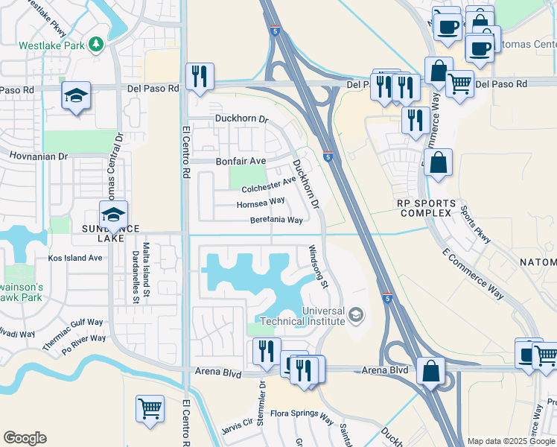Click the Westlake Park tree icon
(x=95, y=45)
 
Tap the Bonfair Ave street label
(x=241, y=161)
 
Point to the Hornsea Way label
(x=261, y=202)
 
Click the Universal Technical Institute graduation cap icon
(x=357, y=316)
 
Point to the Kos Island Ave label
(x=75, y=258)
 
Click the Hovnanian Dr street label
(x=38, y=157)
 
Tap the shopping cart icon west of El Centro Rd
(x=150, y=408)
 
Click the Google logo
(x=25, y=438)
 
